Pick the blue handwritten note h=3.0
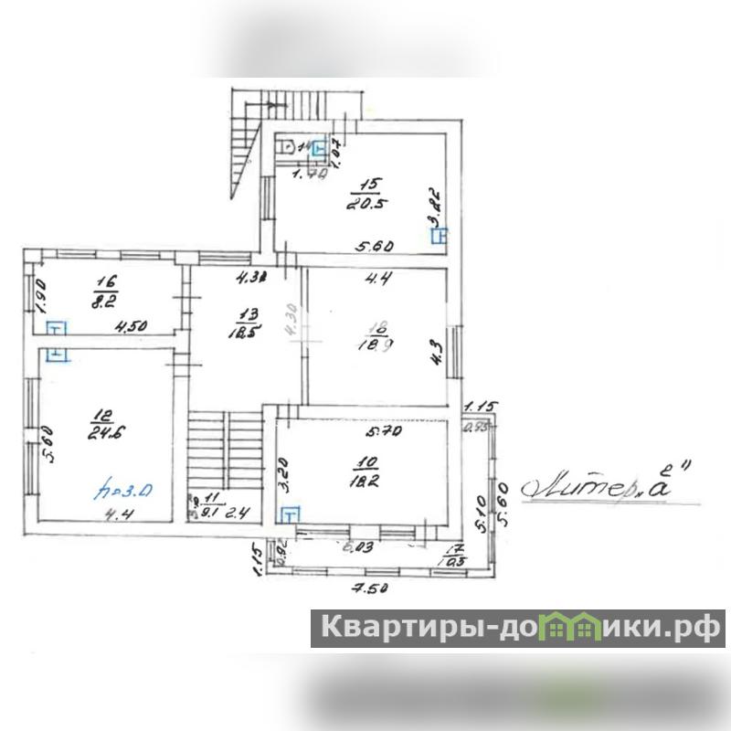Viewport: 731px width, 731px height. coord(127,491)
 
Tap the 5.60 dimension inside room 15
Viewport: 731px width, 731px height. coord(374,246)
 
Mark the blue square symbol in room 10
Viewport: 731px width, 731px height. coord(289,515)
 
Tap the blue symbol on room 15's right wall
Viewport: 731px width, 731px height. coord(440,236)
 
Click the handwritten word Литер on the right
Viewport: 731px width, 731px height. coord(567,487)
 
